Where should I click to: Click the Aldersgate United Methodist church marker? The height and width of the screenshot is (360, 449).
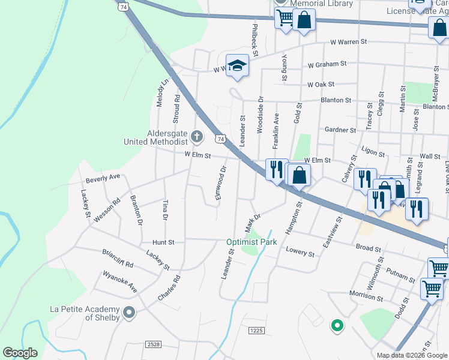pos(197,137)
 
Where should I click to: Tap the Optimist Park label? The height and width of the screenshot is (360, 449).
pos(252,242)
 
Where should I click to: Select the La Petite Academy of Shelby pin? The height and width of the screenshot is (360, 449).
pos(128,312)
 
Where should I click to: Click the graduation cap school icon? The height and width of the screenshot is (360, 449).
pos(237,65)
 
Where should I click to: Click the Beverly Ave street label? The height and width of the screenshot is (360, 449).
pos(103,178)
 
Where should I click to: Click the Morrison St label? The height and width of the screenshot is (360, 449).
pos(366,294)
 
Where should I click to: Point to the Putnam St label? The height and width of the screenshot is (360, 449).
pos(400,275)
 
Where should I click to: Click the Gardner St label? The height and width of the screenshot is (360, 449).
pos(340,130)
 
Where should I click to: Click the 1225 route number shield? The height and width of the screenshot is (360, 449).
pos(256,331)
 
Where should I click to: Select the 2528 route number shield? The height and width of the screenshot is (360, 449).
pos(153,344)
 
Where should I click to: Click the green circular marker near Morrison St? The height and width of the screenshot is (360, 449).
pos(337,326)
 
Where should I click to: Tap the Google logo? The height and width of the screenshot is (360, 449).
pos(20,353)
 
